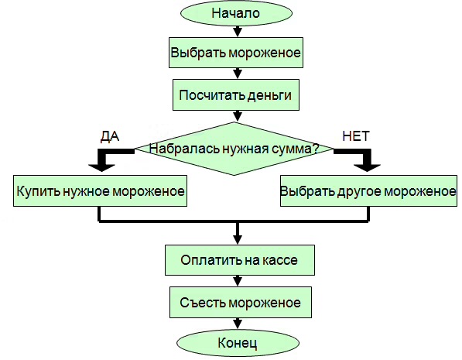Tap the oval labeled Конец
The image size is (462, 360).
click(236, 341)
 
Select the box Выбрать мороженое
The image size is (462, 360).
click(235, 55)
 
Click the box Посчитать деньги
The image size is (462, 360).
click(235, 96)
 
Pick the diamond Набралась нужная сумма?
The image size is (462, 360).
click(234, 149)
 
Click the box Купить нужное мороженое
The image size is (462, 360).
click(101, 190)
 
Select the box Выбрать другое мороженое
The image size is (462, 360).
click(368, 190)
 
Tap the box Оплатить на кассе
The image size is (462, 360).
click(239, 260)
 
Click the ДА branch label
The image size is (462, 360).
click(110, 135)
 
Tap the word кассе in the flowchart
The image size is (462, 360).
click(279, 260)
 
